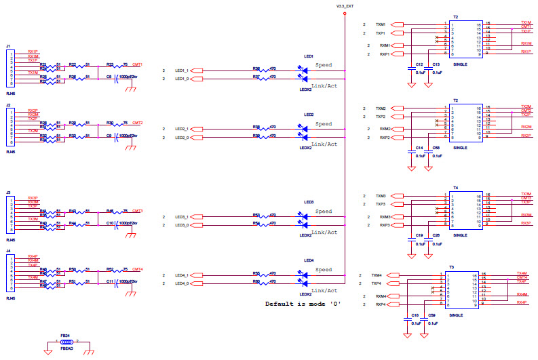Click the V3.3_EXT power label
tap(345, 5)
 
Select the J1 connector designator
tap(8, 46)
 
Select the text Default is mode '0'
tap(303, 304)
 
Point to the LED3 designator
tap(309, 202)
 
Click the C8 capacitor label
tap(109, 77)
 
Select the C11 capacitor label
tap(109, 280)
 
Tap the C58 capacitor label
tap(436, 147)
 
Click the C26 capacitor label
tap(436, 235)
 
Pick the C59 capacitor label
tap(431, 316)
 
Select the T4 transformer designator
tap(456, 187)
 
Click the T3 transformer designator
tap(451, 268)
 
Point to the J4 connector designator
tap(8, 252)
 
